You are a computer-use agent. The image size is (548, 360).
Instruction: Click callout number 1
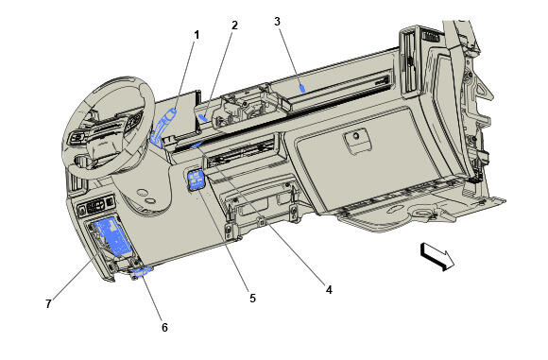(x=197, y=35)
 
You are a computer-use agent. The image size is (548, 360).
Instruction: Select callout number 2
(x=234, y=26)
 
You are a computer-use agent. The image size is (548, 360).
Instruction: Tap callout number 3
(x=277, y=20)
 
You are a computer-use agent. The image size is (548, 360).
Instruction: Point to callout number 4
(x=328, y=290)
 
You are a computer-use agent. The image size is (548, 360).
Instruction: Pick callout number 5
(x=252, y=298)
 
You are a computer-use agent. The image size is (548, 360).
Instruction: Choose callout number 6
(x=164, y=327)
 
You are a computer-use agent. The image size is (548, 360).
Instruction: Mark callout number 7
(x=47, y=303)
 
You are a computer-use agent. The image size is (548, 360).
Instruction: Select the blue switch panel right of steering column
(x=199, y=180)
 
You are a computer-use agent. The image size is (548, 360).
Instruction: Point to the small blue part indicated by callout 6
(x=142, y=271)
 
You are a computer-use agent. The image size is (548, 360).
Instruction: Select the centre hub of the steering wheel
(x=103, y=131)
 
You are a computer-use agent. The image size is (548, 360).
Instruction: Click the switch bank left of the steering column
(x=95, y=206)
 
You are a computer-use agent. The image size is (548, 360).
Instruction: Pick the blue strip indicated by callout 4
(x=197, y=146)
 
